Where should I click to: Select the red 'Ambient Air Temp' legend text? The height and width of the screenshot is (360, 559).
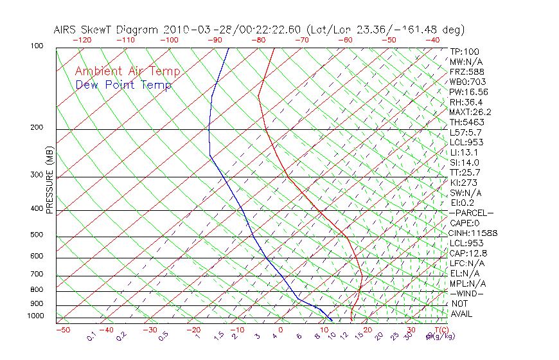pos(127,71)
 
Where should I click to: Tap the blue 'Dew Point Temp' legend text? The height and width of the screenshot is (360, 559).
pos(123,85)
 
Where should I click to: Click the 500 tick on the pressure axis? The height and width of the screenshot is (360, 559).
pos(36,235)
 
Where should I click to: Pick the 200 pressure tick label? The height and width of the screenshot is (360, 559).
pos(36,128)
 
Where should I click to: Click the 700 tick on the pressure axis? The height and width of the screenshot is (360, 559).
pos(36,274)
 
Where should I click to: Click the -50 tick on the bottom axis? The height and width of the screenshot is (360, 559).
pos(62,330)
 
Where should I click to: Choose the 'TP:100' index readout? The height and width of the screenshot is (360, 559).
pos(464,52)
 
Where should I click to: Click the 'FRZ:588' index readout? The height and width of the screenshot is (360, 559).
pos(466,72)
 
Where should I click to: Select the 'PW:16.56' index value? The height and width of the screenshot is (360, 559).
pos(468,92)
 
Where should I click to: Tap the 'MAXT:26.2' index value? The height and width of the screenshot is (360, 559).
pos(470,112)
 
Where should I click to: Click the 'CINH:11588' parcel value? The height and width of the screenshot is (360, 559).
pos(473,233)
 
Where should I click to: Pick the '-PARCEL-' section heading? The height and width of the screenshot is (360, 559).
pos(471,213)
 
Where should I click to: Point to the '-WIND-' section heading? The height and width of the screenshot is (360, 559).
pos(466,293)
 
